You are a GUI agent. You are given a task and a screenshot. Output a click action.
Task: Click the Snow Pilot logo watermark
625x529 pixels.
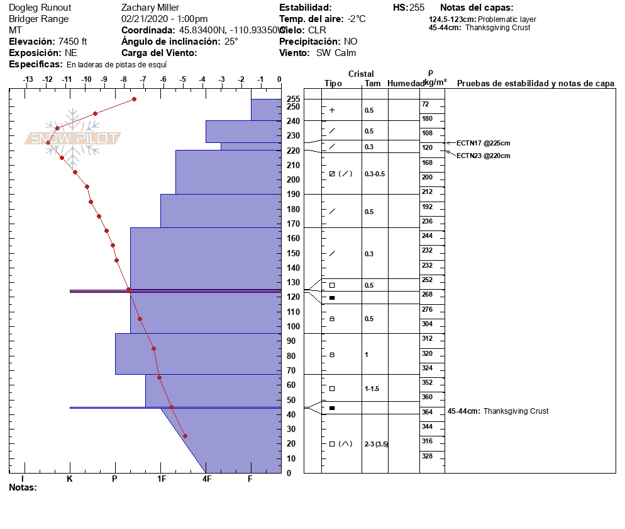[72, 138]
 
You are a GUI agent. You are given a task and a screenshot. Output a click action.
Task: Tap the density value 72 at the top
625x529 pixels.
[426, 104]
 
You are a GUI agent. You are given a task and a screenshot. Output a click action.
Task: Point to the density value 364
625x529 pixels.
[428, 412]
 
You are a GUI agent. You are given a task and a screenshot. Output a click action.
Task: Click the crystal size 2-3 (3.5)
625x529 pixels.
[376, 444]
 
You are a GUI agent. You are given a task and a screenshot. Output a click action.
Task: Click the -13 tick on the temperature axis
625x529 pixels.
[28, 79]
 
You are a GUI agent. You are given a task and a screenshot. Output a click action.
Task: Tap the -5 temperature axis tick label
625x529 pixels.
[183, 79]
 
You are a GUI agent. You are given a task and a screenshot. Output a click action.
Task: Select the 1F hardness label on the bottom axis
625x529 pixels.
[161, 479]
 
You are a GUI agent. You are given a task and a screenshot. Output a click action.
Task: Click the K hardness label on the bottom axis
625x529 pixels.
[70, 479]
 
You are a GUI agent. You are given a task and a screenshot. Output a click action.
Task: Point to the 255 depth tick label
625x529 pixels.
[293, 100]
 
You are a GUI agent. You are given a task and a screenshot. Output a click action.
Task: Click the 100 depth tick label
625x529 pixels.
[293, 326]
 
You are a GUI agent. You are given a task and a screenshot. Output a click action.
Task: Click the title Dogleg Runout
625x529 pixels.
[40, 8]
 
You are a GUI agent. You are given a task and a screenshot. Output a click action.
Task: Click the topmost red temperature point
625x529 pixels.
[134, 100]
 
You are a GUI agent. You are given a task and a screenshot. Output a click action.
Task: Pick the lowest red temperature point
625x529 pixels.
[185, 436]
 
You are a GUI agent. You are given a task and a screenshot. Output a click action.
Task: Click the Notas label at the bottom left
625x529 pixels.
[23, 487]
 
